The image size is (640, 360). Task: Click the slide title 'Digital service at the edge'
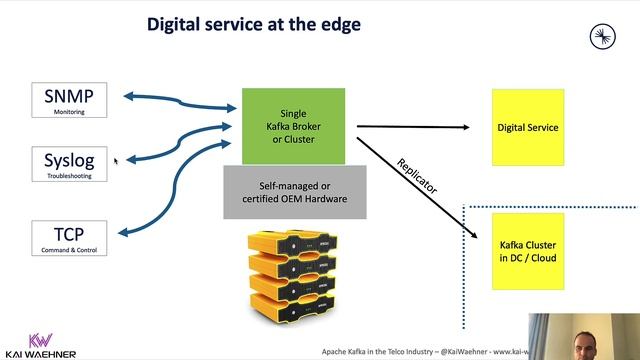pos(254,23)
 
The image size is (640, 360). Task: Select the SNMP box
pos(69,101)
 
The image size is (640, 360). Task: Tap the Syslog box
pos(69,164)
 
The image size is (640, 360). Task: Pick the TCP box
pos(69,238)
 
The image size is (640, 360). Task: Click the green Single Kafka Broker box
pos(294,127)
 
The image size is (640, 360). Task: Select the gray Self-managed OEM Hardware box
pos(294,192)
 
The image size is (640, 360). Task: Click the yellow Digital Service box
pos(528,127)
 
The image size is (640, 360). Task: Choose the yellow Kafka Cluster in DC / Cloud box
pos(528,251)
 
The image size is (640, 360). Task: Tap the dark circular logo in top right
pos(602,38)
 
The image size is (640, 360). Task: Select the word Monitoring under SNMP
pos(69,113)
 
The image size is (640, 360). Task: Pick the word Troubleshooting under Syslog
pos(69,176)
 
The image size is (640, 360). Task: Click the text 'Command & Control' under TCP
pos(69,250)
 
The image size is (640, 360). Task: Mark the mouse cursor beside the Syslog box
pos(116,161)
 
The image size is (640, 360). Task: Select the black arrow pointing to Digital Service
pos(415,127)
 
